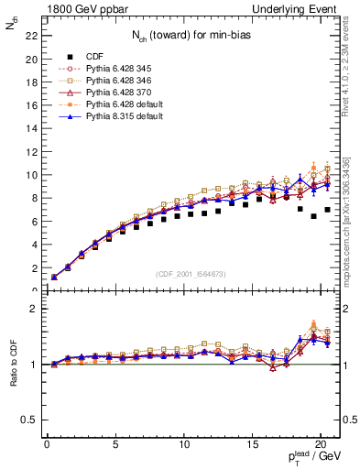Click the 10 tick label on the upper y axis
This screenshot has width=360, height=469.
(x=30, y=175)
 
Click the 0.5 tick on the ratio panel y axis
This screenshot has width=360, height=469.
(x=27, y=420)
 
